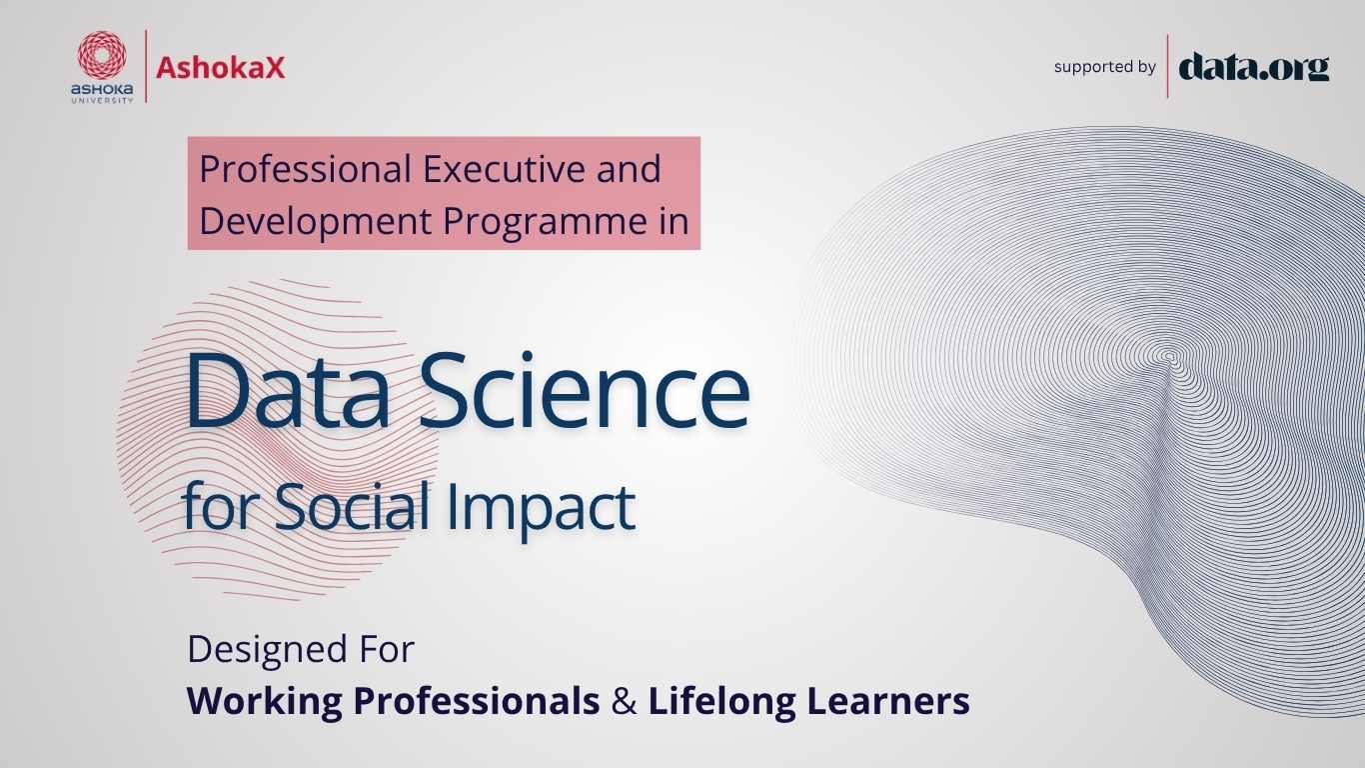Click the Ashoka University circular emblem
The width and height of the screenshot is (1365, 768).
tap(102, 56)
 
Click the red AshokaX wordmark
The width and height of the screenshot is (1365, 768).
tap(220, 67)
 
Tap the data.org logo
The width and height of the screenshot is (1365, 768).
tap(1254, 67)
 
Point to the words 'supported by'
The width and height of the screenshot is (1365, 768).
tap(1105, 66)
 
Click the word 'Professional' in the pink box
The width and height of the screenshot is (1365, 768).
tap(306, 169)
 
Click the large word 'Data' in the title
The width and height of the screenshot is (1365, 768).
tap(288, 390)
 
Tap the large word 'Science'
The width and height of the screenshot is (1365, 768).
tap(585, 390)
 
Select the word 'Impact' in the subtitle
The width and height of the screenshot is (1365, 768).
tap(542, 508)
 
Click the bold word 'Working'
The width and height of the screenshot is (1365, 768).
tap(265, 702)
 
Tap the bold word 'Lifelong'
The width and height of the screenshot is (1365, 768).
tap(722, 702)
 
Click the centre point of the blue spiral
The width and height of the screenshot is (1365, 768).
tap(1168, 356)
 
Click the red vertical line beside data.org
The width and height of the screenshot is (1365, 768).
tap(1167, 66)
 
